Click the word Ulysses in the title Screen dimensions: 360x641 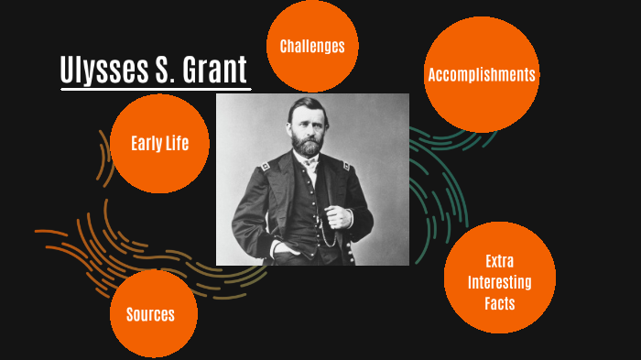click(x=100, y=71)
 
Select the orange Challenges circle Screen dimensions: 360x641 click(x=312, y=46)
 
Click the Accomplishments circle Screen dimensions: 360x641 click(x=482, y=75)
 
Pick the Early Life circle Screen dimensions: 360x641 click(x=160, y=144)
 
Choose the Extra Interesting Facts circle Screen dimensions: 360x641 click(x=500, y=281)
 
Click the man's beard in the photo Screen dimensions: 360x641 click(x=309, y=146)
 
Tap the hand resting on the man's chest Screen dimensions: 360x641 click(x=341, y=217)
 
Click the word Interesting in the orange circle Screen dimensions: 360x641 click(x=500, y=281)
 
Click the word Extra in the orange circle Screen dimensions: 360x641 click(x=500, y=260)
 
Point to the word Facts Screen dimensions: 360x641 click(x=500, y=302)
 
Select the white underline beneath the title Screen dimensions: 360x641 click(x=155, y=90)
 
